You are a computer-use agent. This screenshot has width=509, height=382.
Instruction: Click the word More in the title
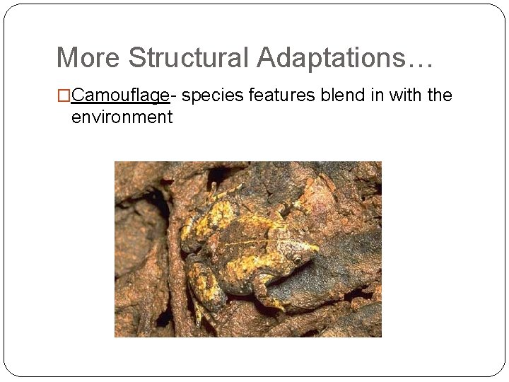[x=88, y=58]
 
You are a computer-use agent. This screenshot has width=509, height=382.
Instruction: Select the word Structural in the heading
[x=189, y=58]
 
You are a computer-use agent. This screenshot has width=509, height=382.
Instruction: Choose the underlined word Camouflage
[x=120, y=95]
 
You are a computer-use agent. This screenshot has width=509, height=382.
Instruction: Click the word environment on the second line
[x=122, y=117]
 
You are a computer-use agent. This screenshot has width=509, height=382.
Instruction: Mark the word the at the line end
[x=440, y=95]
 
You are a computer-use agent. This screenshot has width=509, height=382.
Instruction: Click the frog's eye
[x=298, y=259]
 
